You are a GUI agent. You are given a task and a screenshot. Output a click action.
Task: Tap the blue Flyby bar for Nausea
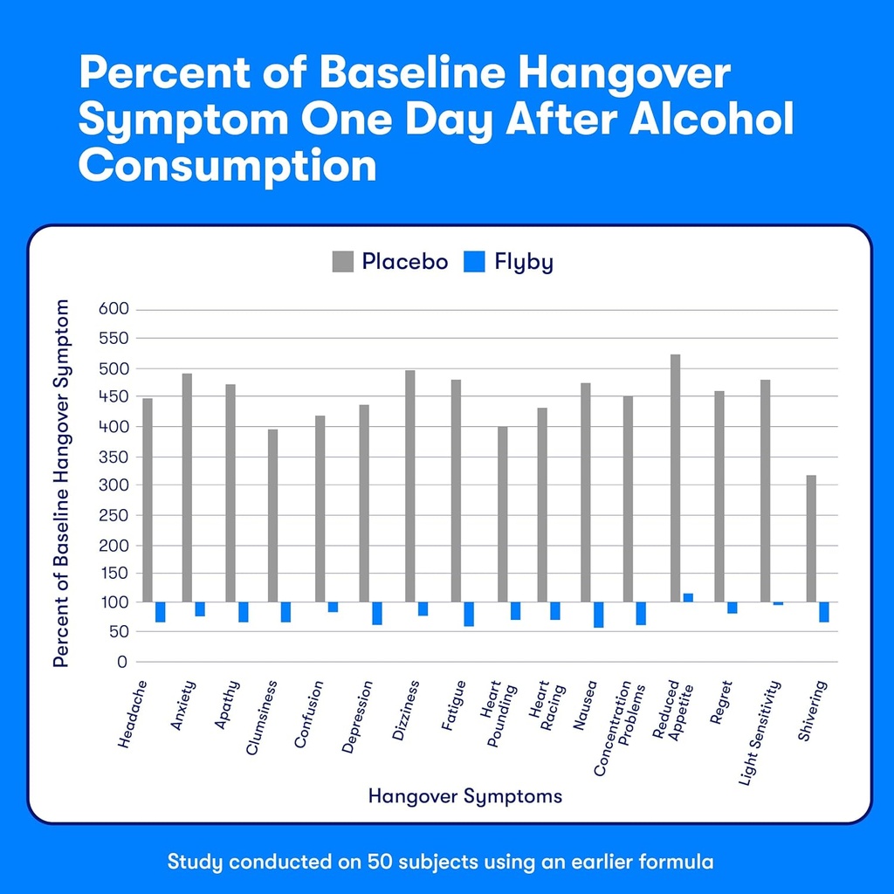click(x=598, y=615)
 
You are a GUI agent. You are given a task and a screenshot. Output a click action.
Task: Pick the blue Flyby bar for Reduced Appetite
click(x=688, y=597)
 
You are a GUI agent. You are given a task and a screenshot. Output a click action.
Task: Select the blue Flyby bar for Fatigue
click(x=469, y=614)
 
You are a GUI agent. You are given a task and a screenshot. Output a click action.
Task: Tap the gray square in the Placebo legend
click(x=343, y=261)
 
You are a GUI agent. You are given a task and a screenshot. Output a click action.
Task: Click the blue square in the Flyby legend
click(x=475, y=261)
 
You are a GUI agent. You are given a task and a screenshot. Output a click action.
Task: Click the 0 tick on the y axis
click(x=122, y=662)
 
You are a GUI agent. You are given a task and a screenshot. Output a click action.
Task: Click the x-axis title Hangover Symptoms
click(x=464, y=796)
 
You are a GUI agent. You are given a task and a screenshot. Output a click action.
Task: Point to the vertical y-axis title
click(x=61, y=483)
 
